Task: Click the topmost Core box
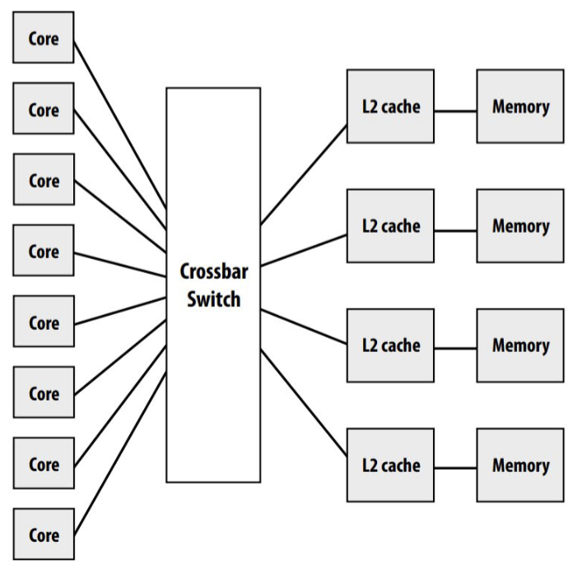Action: click(44, 38)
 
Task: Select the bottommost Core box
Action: click(44, 535)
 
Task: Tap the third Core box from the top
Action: click(44, 180)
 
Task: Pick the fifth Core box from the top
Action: click(44, 322)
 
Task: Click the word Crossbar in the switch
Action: click(213, 273)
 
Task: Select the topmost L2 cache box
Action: click(390, 106)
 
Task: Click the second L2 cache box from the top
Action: click(390, 225)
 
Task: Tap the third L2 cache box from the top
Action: click(390, 345)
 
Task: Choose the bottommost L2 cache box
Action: click(390, 465)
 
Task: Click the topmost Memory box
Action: click(520, 106)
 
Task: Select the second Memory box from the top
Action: click(520, 225)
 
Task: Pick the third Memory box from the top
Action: click(520, 345)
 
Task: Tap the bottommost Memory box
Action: click(520, 465)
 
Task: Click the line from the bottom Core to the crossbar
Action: click(121, 442)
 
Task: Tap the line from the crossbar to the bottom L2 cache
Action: click(305, 403)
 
